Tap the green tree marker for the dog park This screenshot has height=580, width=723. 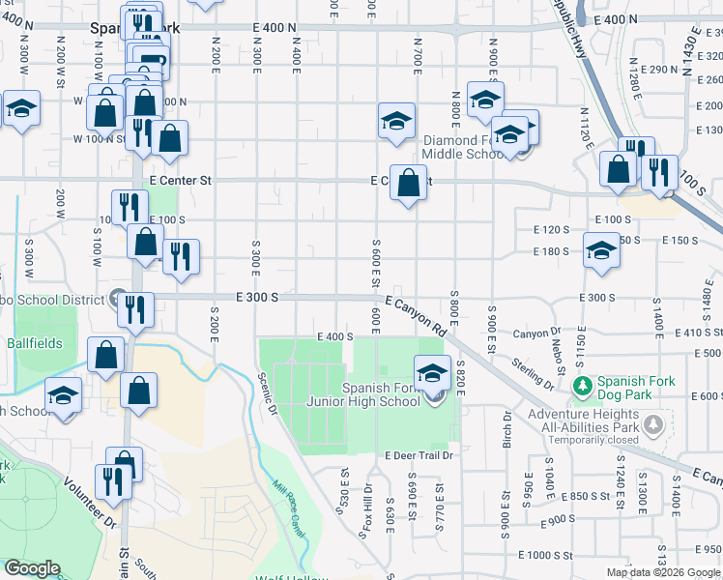[x=583, y=388]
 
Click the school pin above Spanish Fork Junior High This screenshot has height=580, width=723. [x=432, y=374]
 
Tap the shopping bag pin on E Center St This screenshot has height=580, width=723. [x=408, y=182]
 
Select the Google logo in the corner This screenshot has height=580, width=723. [x=32, y=568]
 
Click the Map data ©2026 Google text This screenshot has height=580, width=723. [x=662, y=572]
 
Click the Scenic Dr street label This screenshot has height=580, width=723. [x=267, y=396]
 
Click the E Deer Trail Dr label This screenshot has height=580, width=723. [x=419, y=455]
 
